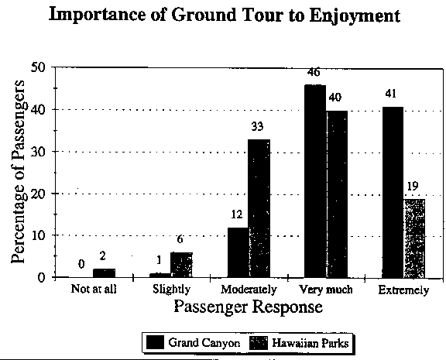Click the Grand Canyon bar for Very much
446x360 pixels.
coord(315,181)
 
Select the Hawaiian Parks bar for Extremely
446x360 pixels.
coord(414,238)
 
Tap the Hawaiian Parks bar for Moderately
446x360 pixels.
coord(259,208)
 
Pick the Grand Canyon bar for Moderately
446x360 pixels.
coord(238,252)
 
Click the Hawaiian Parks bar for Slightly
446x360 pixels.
coord(181,265)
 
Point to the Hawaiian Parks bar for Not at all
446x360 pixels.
coord(104,273)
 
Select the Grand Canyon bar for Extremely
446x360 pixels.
coord(393,193)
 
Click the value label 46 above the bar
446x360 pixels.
coord(314,73)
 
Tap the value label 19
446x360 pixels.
coord(413,187)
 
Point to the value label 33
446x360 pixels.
coord(257,126)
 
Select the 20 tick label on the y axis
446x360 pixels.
coord(39,194)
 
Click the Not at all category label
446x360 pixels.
coord(94,289)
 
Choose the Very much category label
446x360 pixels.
coord(326,290)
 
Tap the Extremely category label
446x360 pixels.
coord(403,290)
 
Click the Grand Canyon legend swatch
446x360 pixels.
coord(155,342)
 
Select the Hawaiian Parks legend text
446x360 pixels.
coord(310,343)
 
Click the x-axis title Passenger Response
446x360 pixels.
coord(249,307)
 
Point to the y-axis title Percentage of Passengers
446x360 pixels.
coord(18,171)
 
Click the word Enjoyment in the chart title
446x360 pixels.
coord(355,16)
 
